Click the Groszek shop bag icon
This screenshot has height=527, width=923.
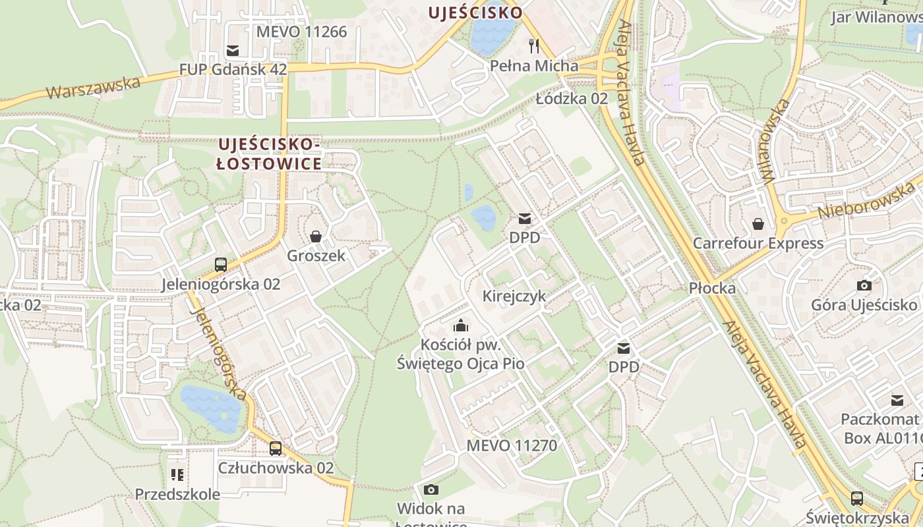click(316, 236)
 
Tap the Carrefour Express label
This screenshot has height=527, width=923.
click(758, 243)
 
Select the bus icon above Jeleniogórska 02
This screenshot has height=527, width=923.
click(221, 265)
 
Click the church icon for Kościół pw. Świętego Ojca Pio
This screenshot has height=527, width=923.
click(460, 325)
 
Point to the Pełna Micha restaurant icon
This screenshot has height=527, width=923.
click(534, 46)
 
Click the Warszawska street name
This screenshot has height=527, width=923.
click(94, 86)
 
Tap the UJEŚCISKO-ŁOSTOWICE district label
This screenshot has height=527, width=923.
click(270, 153)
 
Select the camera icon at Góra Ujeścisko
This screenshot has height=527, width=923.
click(864, 285)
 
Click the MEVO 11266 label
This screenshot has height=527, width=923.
click(301, 32)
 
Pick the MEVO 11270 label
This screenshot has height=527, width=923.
click(512, 445)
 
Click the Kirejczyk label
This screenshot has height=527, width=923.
click(514, 296)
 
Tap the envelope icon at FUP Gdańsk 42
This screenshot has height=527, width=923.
click(232, 50)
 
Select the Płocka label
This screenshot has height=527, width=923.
click(712, 288)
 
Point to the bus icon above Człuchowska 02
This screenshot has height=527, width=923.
click(276, 449)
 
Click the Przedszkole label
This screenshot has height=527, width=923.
click(177, 494)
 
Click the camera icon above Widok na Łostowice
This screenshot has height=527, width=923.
click(431, 489)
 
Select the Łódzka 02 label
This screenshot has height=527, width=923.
click(571, 99)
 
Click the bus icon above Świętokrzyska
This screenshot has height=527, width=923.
click(856, 498)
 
